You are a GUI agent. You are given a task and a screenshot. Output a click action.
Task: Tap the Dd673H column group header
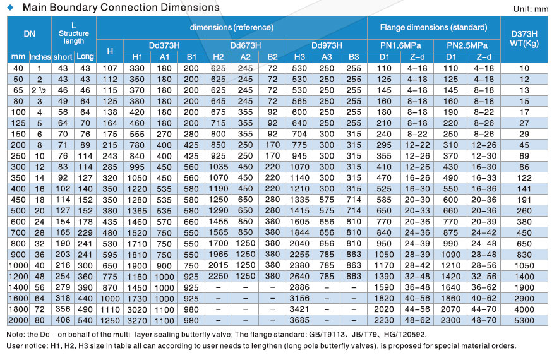245,45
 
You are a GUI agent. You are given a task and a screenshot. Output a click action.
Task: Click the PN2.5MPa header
467,45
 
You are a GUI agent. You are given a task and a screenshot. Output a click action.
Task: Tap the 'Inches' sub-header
40,57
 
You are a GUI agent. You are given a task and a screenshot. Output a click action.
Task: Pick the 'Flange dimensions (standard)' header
434,28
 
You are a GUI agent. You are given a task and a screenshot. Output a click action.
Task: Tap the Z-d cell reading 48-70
483,320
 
